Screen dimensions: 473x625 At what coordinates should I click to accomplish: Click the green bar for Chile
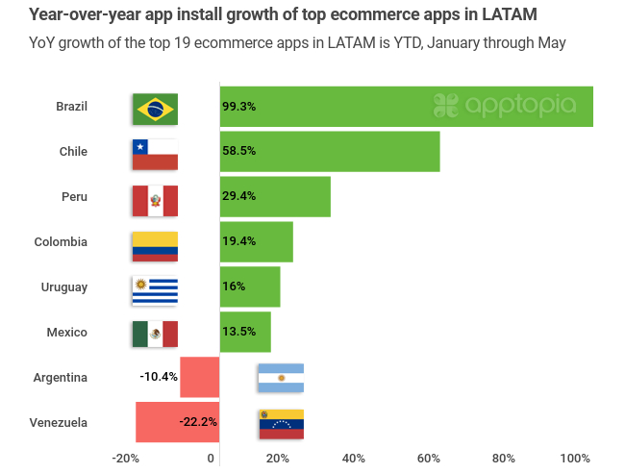(x=330, y=152)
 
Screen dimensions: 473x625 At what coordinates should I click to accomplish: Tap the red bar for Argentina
(x=199, y=377)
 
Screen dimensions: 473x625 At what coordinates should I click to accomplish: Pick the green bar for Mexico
(x=245, y=333)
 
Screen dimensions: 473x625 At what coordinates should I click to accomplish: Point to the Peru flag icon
(x=155, y=200)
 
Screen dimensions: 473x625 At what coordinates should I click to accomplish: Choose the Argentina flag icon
(x=281, y=378)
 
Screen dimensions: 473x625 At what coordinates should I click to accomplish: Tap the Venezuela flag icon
(x=281, y=423)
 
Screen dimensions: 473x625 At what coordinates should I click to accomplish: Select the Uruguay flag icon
(x=155, y=288)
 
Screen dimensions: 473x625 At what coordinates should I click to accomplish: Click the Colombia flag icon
(x=155, y=246)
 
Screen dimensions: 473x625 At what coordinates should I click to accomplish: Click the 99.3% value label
(x=238, y=107)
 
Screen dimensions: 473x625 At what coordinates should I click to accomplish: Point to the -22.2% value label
(x=198, y=422)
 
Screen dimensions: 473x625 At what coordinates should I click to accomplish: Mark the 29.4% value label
(x=238, y=196)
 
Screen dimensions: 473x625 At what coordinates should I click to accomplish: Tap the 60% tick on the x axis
(x=428, y=459)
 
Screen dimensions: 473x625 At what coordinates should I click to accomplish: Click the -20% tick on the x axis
(x=126, y=459)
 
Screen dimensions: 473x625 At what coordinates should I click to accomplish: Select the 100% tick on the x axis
(x=575, y=459)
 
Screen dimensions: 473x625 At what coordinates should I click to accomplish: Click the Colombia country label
(x=61, y=242)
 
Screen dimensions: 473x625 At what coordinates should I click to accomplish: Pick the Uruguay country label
(x=64, y=287)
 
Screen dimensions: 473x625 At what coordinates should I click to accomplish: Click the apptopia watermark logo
(x=505, y=105)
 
